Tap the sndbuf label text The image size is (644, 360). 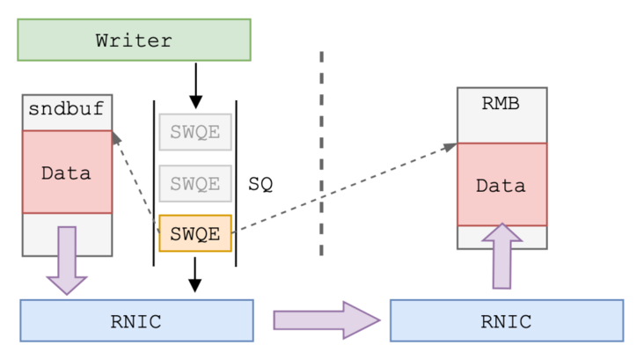click(x=66, y=110)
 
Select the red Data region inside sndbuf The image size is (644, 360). click(x=67, y=173)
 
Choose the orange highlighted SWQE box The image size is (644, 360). click(x=194, y=234)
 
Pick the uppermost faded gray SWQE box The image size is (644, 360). click(x=194, y=133)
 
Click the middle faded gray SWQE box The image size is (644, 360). click(x=194, y=184)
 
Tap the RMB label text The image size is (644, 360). click(x=501, y=104)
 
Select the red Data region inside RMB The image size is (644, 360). click(x=501, y=185)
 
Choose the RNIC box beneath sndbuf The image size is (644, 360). click(x=135, y=320)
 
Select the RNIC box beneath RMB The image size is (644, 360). click(x=506, y=320)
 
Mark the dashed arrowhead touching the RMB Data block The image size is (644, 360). click(x=449, y=147)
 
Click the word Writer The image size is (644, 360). click(x=134, y=40)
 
